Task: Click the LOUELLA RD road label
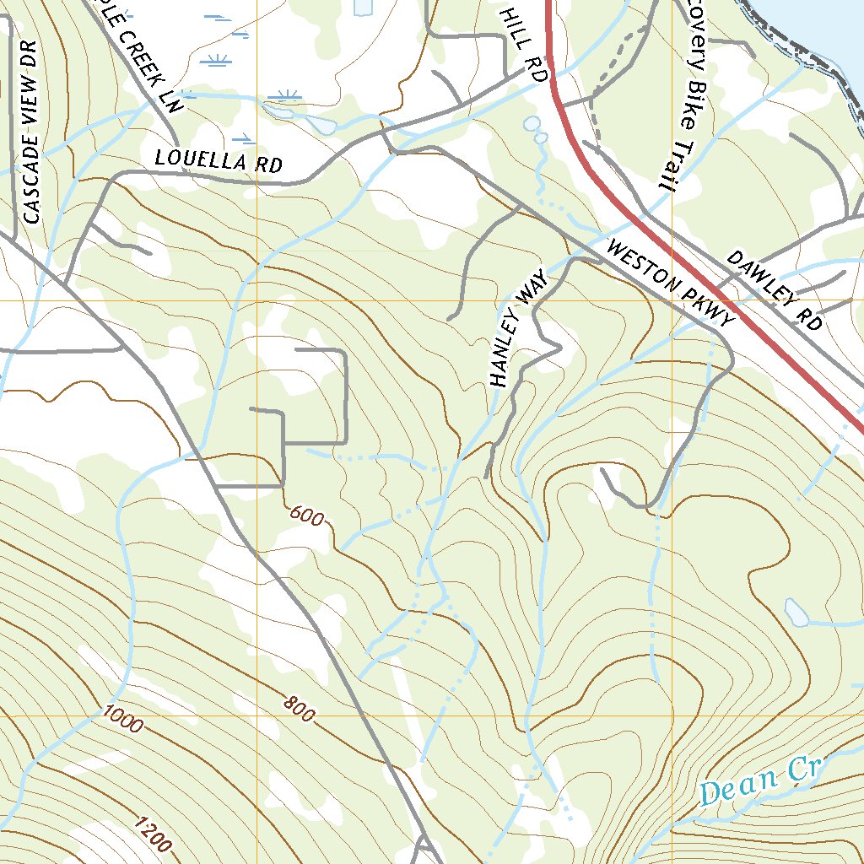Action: click(219, 160)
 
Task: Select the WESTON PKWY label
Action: click(671, 287)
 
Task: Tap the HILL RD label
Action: click(524, 44)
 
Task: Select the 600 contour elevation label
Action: click(305, 515)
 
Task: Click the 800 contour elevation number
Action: click(299, 709)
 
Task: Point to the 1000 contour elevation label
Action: click(123, 719)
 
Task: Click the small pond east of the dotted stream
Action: click(796, 613)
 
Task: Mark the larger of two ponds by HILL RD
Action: click(532, 124)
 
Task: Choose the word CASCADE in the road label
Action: click(32, 175)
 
